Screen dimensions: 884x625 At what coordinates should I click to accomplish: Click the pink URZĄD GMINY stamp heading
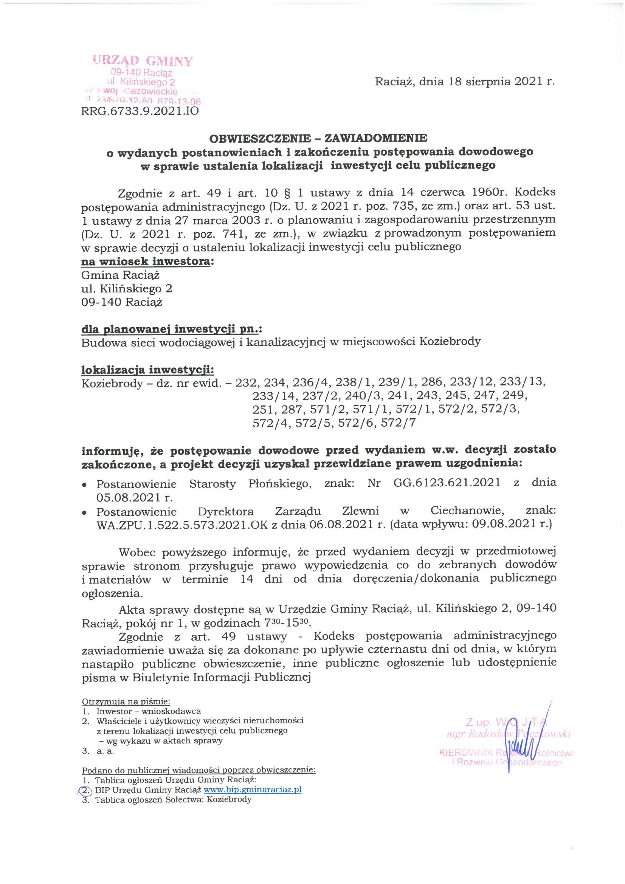(142, 61)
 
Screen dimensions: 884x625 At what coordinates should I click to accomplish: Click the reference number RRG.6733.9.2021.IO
(140, 111)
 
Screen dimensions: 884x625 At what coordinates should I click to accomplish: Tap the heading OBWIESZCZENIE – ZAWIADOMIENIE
(318, 137)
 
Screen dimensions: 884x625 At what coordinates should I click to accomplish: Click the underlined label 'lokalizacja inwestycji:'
(148, 370)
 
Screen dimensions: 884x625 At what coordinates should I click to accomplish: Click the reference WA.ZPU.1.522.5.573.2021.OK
(183, 525)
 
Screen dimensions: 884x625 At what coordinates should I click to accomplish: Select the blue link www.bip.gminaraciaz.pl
(252, 790)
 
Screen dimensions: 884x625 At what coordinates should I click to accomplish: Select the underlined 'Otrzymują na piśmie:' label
(126, 702)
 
